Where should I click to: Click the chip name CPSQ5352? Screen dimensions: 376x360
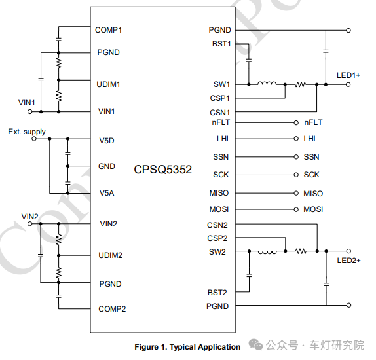(163, 170)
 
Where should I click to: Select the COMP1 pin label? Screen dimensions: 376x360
(108, 30)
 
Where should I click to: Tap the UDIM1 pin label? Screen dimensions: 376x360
(108, 84)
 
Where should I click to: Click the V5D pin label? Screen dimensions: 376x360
(107, 141)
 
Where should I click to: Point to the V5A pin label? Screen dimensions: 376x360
(107, 193)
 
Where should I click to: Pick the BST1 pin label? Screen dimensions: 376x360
(221, 44)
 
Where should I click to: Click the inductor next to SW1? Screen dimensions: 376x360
(267, 83)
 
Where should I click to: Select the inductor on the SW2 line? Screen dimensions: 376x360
(267, 252)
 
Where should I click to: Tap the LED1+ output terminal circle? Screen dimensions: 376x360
(348, 84)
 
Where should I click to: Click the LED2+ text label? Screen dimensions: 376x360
(348, 261)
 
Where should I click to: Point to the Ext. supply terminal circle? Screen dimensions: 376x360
(34, 139)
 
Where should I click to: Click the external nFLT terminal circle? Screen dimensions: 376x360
(296, 122)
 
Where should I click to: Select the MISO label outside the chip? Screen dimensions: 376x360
(313, 194)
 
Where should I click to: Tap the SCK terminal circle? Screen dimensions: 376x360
(296, 175)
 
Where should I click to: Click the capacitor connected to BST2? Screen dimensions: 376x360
(250, 275)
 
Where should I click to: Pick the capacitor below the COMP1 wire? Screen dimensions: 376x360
(58, 39)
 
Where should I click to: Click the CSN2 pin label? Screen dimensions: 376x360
(217, 225)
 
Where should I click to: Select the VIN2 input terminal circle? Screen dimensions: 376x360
(30, 224)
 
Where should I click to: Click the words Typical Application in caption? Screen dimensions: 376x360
(205, 347)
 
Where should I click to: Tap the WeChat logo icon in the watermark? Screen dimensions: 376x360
(256, 344)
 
